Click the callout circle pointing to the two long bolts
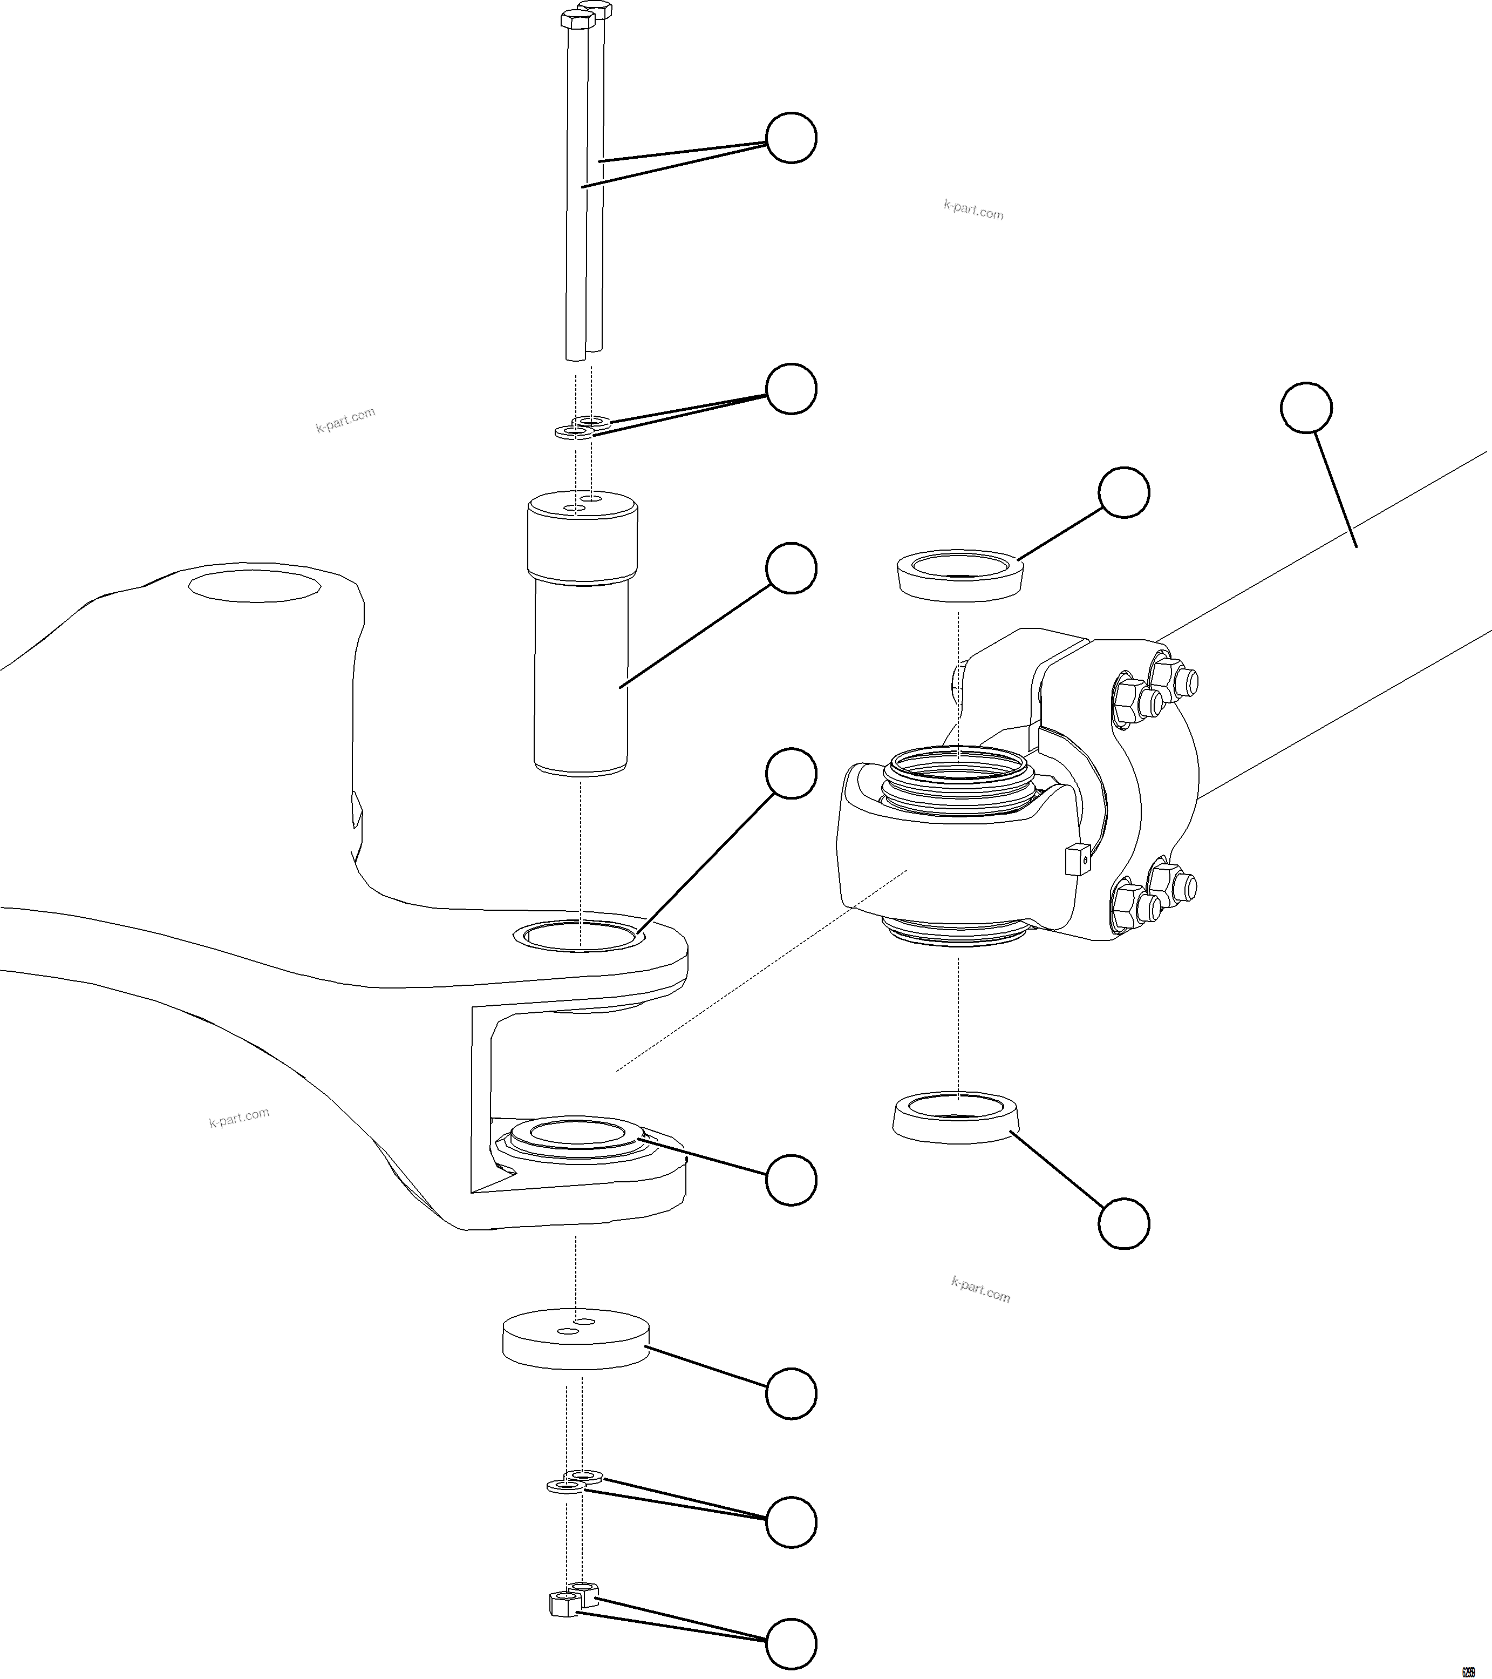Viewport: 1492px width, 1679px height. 791,137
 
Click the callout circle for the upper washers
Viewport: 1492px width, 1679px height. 791,389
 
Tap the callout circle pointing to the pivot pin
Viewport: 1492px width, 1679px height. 791,567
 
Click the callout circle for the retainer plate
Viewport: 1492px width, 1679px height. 791,1393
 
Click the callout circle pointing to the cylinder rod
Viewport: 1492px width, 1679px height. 1306,407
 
